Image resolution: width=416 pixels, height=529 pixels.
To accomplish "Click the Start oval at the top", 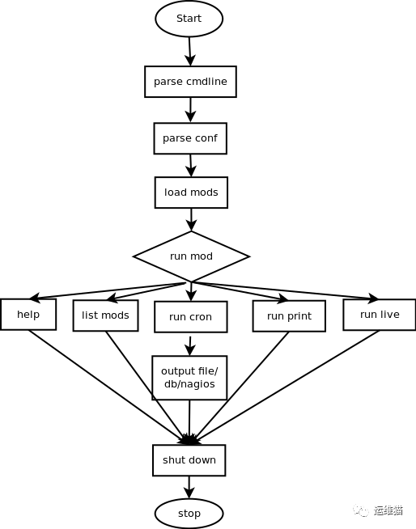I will tap(189, 19).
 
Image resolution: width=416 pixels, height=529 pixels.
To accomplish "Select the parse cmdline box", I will tap(190, 82).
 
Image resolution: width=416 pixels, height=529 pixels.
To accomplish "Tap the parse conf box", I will tap(190, 138).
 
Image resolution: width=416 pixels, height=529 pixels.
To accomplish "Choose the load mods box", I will tap(191, 193).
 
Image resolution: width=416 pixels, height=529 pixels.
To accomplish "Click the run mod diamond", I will tap(191, 256).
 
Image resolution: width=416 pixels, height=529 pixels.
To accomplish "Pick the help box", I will tap(28, 315).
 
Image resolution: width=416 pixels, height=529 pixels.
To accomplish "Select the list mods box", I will tap(105, 315).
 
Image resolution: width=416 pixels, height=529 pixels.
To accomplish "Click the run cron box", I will tap(190, 317).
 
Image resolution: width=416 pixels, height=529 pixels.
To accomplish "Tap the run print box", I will tap(289, 316).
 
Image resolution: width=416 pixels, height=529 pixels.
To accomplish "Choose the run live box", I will tap(379, 315).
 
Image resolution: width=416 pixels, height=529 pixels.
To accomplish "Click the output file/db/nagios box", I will tap(189, 378).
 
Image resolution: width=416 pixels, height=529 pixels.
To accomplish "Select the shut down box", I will tap(189, 460).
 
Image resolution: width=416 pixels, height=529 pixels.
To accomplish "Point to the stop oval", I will tap(189, 514).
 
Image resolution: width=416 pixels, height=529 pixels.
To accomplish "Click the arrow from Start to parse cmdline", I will tap(189, 51).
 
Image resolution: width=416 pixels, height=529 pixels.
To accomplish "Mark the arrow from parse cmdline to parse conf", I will tap(190, 110).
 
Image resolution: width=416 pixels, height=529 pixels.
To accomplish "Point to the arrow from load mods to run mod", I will tap(191, 219).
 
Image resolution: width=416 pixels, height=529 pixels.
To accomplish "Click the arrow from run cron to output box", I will tap(190, 344).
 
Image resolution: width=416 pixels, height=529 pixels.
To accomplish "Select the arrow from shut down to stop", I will tap(189, 487).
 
